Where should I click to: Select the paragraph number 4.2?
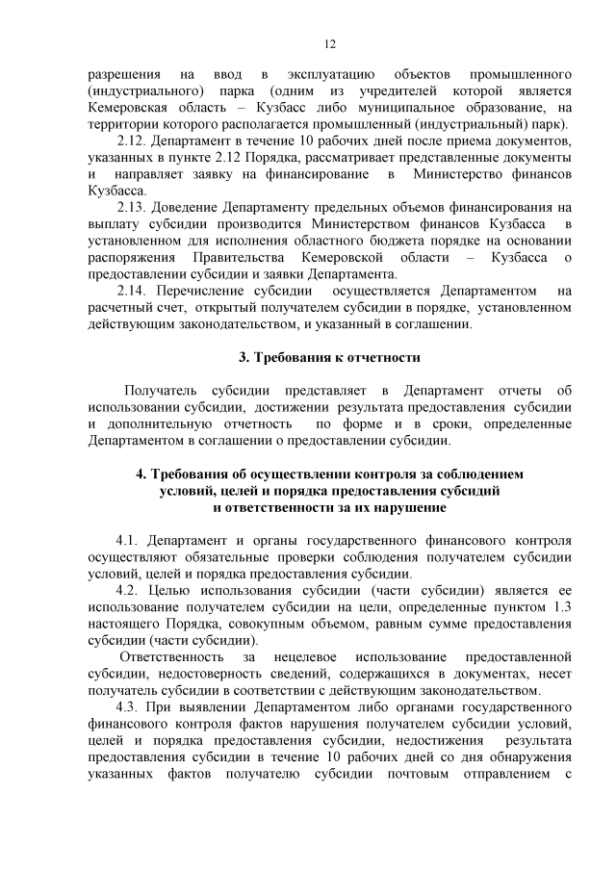(129, 590)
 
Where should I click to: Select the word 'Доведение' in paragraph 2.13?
(188, 207)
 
